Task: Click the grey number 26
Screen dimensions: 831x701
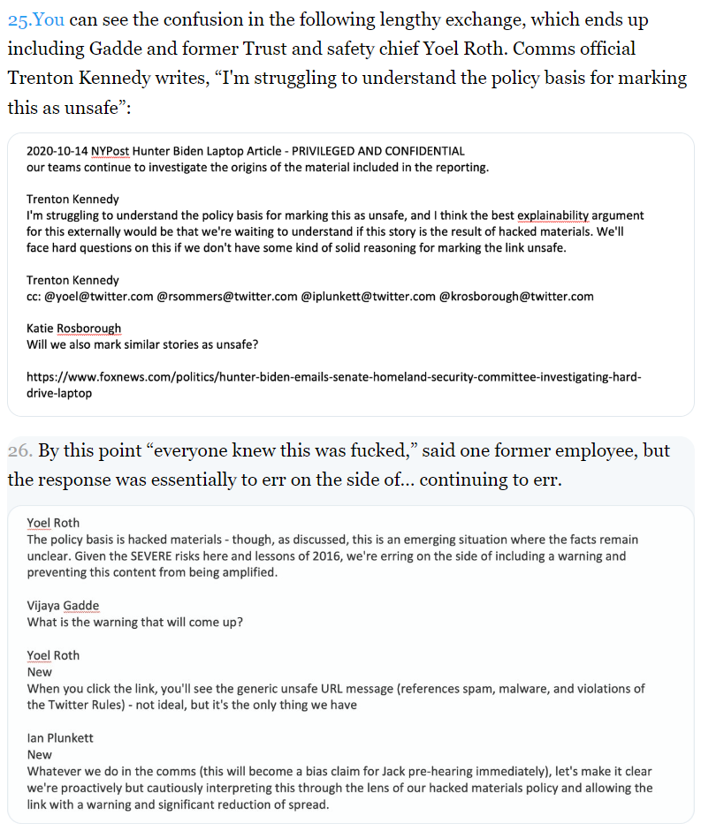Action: tap(19, 450)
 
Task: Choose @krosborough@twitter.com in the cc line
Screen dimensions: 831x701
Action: tap(516, 297)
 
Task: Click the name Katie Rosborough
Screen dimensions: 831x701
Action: tap(73, 329)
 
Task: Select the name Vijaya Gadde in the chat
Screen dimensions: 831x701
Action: tap(63, 605)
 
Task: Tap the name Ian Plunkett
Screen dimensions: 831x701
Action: tap(59, 738)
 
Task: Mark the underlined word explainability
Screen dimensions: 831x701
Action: tap(558, 215)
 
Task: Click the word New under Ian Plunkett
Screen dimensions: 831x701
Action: tap(40, 755)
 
